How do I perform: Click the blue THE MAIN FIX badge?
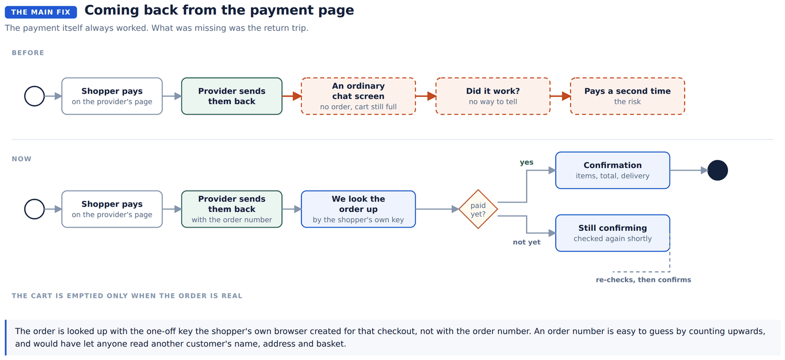[41, 12]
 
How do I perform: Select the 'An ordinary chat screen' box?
[358, 96]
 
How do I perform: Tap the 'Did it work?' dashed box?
[493, 96]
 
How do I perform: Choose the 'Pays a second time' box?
[627, 96]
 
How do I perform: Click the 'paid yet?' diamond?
[478, 209]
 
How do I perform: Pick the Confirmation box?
[613, 171]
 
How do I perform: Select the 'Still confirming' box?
[613, 233]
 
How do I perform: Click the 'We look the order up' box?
[358, 209]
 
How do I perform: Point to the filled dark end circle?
[717, 171]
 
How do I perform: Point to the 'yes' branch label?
[526, 162]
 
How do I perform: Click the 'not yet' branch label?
[526, 242]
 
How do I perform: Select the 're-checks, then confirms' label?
[643, 280]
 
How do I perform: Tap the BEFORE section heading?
[28, 53]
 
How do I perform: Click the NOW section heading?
[22, 159]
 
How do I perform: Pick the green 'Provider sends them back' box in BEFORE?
[232, 96]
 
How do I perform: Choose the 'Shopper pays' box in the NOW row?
[112, 209]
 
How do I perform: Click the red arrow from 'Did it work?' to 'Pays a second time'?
[560, 96]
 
